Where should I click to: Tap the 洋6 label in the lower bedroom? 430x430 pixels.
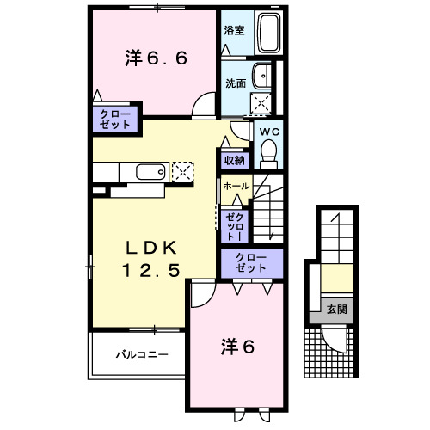tap(238, 347)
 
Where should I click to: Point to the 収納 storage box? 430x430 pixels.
tap(235, 160)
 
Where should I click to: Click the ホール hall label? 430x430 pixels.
tap(236, 186)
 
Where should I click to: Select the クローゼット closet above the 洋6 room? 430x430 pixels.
tap(251, 263)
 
